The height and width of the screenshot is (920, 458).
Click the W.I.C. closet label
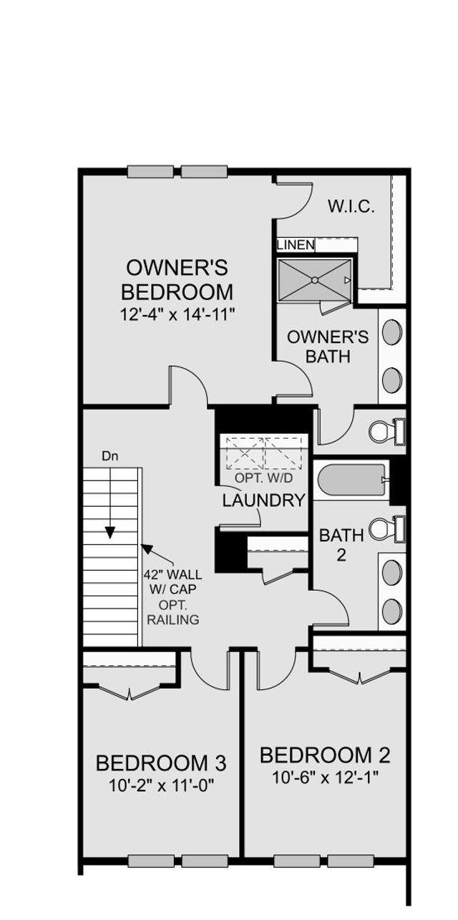[x=351, y=207]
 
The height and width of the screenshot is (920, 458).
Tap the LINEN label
[x=296, y=245]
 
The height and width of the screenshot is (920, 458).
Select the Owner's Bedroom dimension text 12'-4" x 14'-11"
[x=178, y=314]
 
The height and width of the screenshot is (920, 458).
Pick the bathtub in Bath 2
[x=351, y=480]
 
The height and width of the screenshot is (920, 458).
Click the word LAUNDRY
[x=263, y=500]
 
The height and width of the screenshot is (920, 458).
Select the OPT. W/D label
[x=264, y=478]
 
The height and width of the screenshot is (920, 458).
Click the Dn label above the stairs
[x=109, y=455]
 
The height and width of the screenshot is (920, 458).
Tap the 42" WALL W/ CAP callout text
[x=173, y=581]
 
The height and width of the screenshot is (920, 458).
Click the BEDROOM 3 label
[x=161, y=762]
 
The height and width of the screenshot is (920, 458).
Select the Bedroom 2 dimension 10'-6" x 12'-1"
[x=325, y=776]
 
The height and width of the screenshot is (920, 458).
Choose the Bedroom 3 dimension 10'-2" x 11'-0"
[x=161, y=785]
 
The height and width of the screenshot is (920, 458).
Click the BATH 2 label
[x=341, y=544]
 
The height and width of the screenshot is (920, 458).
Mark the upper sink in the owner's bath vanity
[x=392, y=332]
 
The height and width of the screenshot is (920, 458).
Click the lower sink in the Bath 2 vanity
[x=392, y=611]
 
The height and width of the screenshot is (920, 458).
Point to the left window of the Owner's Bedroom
[x=150, y=172]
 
